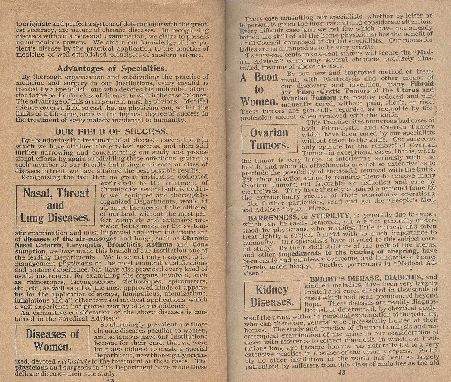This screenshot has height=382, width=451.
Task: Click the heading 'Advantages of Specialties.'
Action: click(x=112, y=68)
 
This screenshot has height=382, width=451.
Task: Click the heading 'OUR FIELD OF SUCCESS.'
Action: click(x=111, y=131)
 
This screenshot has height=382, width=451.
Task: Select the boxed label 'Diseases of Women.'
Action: click(x=53, y=340)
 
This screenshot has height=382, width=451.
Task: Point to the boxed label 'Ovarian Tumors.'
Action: click(x=269, y=139)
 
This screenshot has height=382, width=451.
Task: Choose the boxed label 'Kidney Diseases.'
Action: click(x=272, y=296)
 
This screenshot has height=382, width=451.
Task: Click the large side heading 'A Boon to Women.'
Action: click(x=259, y=89)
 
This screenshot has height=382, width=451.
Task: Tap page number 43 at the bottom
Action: click(x=341, y=373)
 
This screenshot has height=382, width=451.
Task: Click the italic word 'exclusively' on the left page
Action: click(x=73, y=361)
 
